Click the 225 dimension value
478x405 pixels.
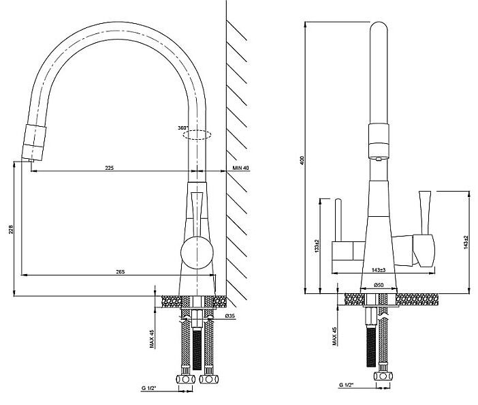pyautogui.click(x=110, y=168)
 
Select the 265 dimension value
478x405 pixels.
pyautogui.click(x=121, y=271)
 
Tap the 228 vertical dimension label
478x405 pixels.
pyautogui.click(x=11, y=230)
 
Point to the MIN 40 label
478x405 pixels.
pyautogui.click(x=241, y=168)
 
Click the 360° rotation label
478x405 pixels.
pyautogui.click(x=183, y=128)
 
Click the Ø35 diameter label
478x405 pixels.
pyautogui.click(x=230, y=316)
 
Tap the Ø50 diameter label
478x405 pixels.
pyautogui.click(x=379, y=285)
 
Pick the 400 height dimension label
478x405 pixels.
pyautogui.click(x=302, y=161)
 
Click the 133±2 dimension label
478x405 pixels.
pyautogui.click(x=317, y=245)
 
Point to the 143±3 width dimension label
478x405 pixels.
pyautogui.click(x=379, y=270)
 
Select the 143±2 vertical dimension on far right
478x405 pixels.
pyautogui.click(x=466, y=242)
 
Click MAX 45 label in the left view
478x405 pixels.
pyautogui.click(x=152, y=339)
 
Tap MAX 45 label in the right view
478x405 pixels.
pyautogui.click(x=334, y=336)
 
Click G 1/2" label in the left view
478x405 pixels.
pyautogui.click(x=148, y=388)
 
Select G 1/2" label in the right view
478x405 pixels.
pyautogui.click(x=346, y=385)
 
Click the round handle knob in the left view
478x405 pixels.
pyautogui.click(x=197, y=253)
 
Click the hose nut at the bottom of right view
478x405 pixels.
pyautogui.click(x=383, y=376)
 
